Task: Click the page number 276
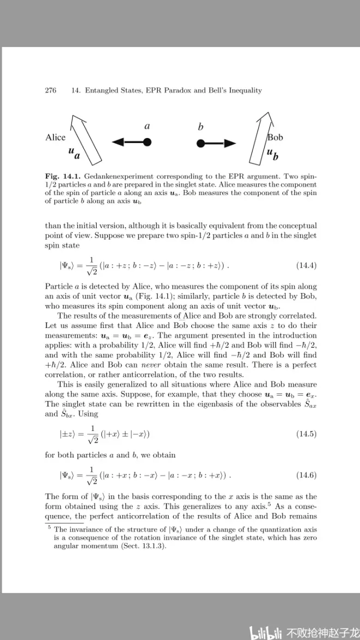click(51, 91)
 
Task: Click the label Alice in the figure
click(55, 137)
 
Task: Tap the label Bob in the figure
click(275, 137)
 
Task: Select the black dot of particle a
click(147, 143)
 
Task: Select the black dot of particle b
click(201, 143)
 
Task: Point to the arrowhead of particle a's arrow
click(117, 143)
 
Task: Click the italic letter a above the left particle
click(147, 126)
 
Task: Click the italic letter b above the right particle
click(201, 127)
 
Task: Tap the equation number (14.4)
click(306, 266)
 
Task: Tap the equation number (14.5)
click(306, 434)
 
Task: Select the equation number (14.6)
click(306, 475)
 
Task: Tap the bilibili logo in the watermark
click(265, 632)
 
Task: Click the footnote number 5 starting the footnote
click(49, 528)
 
